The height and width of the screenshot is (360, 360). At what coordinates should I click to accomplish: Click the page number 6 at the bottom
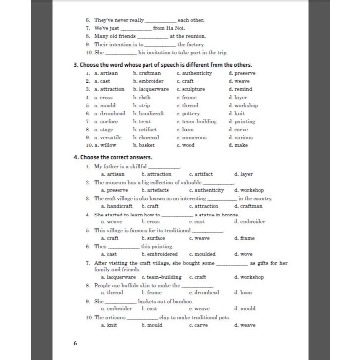[75, 343]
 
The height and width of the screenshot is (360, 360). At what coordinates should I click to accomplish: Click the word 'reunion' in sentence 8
[196, 36]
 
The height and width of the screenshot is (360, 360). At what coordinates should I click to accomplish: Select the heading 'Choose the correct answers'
[113, 157]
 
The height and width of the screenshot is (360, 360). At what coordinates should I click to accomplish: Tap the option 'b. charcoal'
[146, 138]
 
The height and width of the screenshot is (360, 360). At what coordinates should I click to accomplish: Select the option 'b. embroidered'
[159, 254]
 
